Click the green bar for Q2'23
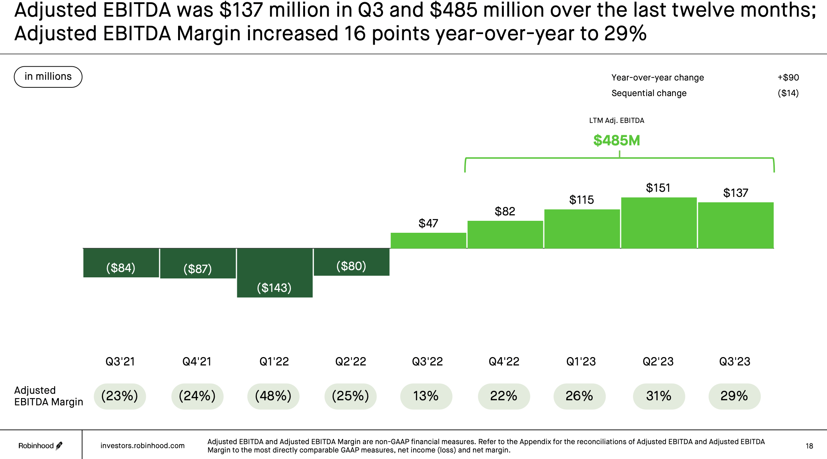pyautogui.click(x=659, y=223)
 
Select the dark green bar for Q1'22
pyautogui.click(x=275, y=273)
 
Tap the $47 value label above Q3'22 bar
pyautogui.click(x=428, y=223)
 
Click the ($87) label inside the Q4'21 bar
pyautogui.click(x=198, y=269)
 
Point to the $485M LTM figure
pyautogui.click(x=617, y=141)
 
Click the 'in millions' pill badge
pyautogui.click(x=48, y=76)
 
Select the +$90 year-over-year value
pyautogui.click(x=788, y=78)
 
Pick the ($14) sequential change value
pyautogui.click(x=788, y=93)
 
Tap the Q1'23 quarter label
pyautogui.click(x=581, y=361)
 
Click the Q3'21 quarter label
pyautogui.click(x=120, y=361)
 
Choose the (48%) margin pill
pyautogui.click(x=273, y=396)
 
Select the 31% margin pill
pyautogui.click(x=659, y=396)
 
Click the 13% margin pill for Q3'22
pyautogui.click(x=426, y=396)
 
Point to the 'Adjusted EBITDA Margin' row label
pyautogui.click(x=48, y=396)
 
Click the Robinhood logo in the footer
pyautogui.click(x=40, y=446)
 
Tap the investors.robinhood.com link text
pyautogui.click(x=143, y=446)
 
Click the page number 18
pyautogui.click(x=809, y=446)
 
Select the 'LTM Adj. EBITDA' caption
pyautogui.click(x=617, y=120)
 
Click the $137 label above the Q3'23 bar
pyautogui.click(x=736, y=193)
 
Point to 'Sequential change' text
pyautogui.click(x=649, y=93)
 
